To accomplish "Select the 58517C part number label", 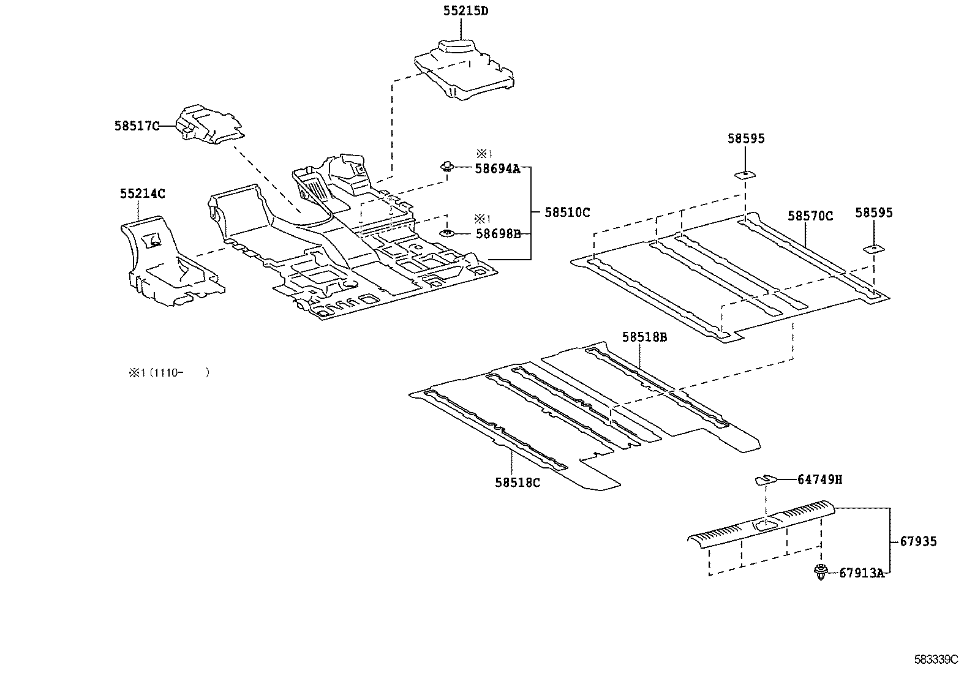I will point(137,126).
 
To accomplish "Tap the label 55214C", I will point(142,194).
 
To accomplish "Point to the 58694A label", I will point(497,168).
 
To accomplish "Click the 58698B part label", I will point(497,234).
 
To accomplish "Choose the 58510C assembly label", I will point(567,212).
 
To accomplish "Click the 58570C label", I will point(810,216).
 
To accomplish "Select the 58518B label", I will point(644,336).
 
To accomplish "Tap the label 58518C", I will point(518,483).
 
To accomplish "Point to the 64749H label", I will point(819,480).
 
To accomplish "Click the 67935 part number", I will point(918,541).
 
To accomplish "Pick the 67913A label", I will point(861,573).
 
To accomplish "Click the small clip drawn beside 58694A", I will point(446,165).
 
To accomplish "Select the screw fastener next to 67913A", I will point(821,573).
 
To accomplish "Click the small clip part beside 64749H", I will point(765,479).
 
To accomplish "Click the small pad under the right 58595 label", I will point(872,249).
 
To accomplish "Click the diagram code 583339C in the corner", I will point(935,660).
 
